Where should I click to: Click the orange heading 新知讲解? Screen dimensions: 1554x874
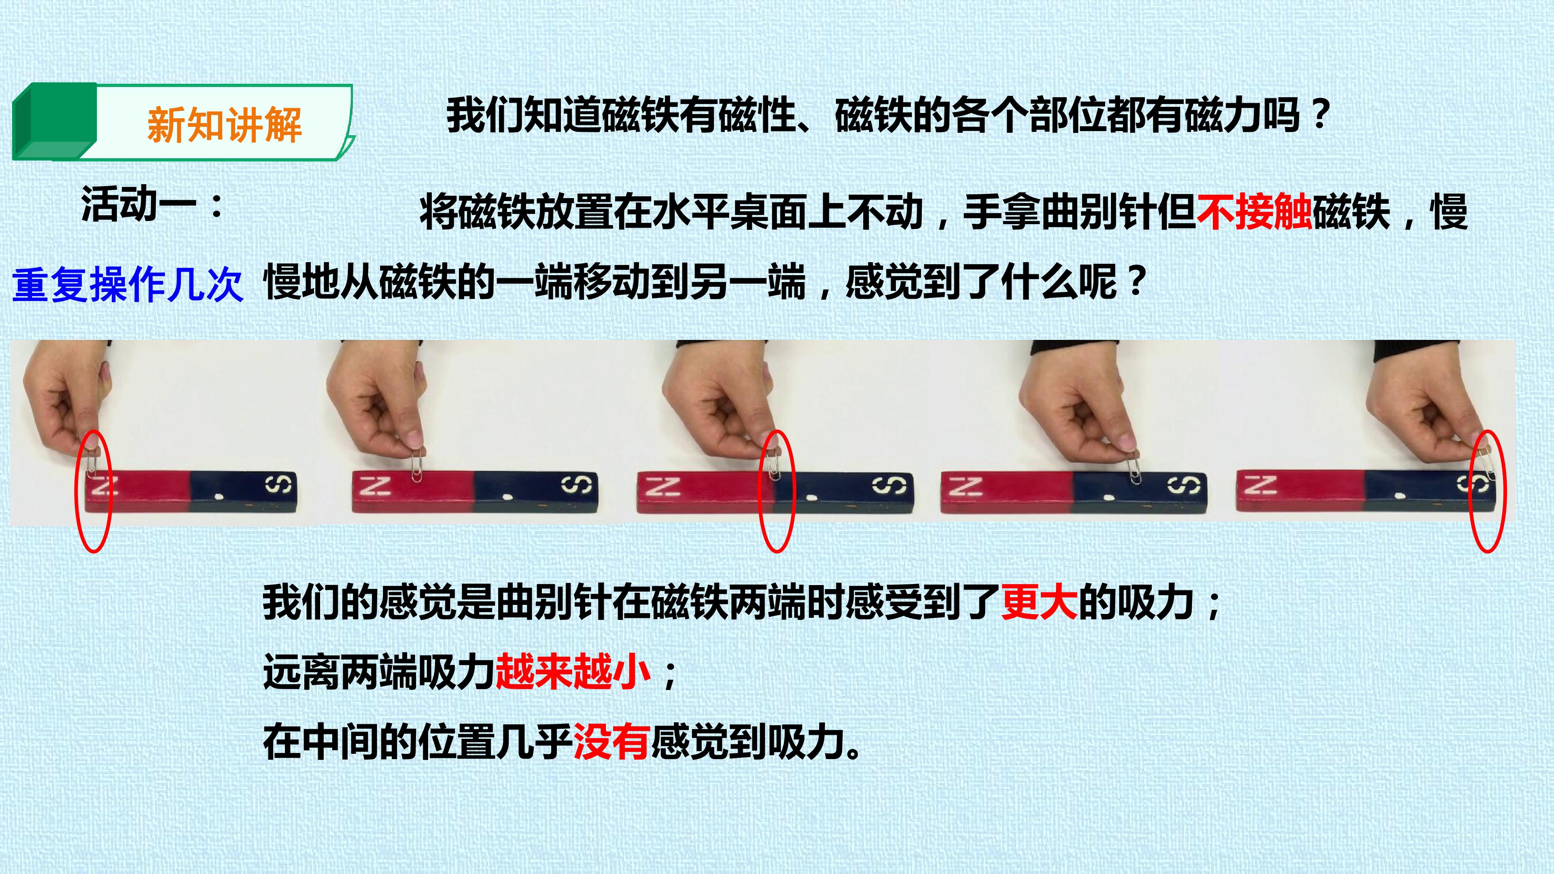click(225, 125)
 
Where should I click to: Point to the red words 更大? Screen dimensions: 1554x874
click(1039, 602)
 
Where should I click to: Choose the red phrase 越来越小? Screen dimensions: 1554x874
click(573, 672)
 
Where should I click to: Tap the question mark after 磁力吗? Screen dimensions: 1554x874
click(1321, 114)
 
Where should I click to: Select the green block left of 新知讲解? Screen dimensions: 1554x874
click(54, 121)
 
